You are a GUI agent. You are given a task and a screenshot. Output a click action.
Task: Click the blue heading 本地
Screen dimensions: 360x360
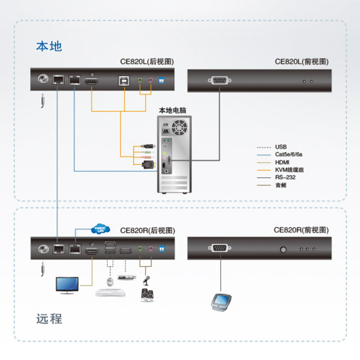(x=49, y=46)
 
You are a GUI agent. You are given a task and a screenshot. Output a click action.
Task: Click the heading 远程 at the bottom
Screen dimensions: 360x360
(x=49, y=319)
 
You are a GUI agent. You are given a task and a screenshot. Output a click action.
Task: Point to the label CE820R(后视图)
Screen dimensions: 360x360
(x=147, y=230)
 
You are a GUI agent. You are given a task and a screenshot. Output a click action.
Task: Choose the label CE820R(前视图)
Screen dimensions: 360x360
(x=301, y=230)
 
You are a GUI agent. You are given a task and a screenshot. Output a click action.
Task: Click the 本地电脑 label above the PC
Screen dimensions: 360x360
(x=173, y=110)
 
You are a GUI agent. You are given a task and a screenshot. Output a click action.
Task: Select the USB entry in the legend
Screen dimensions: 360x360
(x=281, y=147)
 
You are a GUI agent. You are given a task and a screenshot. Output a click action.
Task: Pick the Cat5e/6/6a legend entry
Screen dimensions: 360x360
(x=288, y=154)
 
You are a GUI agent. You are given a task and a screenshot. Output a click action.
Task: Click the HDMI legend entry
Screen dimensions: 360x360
(x=283, y=162)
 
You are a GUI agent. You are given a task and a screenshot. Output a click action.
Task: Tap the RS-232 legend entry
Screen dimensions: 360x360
(x=285, y=177)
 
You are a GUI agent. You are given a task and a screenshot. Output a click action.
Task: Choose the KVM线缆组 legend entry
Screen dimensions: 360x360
(x=288, y=170)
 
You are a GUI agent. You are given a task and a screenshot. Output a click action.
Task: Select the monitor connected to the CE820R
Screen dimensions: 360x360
(x=67, y=285)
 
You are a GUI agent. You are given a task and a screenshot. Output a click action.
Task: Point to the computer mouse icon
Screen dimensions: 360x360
(x=109, y=281)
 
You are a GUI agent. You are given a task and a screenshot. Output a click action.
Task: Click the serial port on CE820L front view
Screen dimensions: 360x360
(x=219, y=81)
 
